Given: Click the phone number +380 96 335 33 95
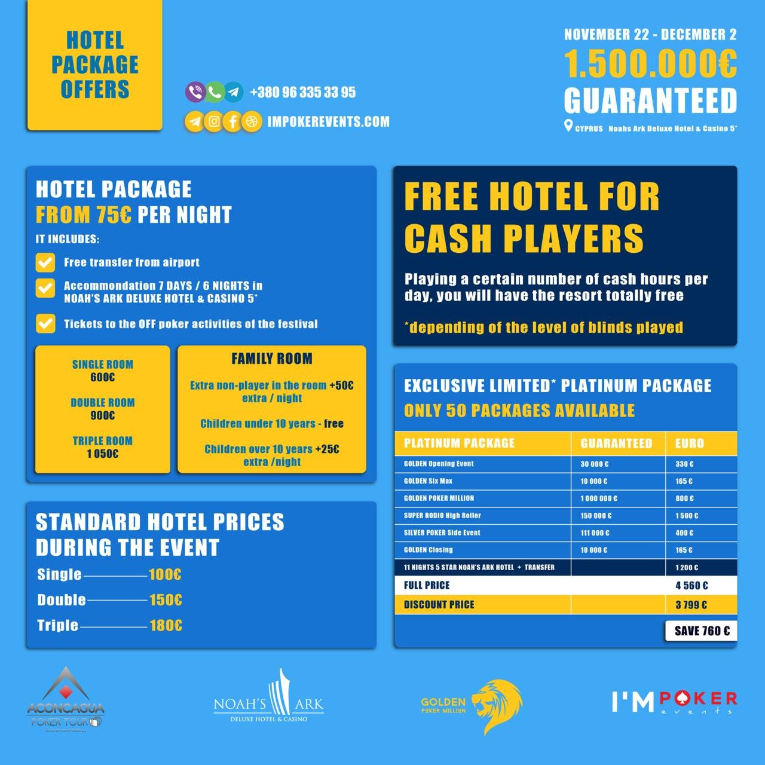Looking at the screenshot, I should pyautogui.click(x=302, y=92).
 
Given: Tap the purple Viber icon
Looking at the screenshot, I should pyautogui.click(x=195, y=91).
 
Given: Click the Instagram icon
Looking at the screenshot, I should pyautogui.click(x=213, y=121).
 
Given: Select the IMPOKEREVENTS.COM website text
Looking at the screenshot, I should pyautogui.click(x=328, y=122).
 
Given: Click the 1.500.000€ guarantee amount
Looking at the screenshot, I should pyautogui.click(x=650, y=64).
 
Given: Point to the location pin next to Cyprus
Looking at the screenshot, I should pyautogui.click(x=568, y=126).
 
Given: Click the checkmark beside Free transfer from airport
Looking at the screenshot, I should pyautogui.click(x=45, y=262).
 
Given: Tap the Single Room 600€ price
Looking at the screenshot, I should pyautogui.click(x=103, y=377).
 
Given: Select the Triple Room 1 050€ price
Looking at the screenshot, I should pyautogui.click(x=103, y=454).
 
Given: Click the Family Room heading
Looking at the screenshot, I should pyautogui.click(x=272, y=359).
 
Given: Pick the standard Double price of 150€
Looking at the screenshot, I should pyautogui.click(x=165, y=599).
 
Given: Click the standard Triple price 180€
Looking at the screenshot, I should pyautogui.click(x=166, y=625).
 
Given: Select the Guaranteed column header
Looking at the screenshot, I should pyautogui.click(x=616, y=443).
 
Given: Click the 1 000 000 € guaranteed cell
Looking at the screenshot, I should pyautogui.click(x=598, y=498).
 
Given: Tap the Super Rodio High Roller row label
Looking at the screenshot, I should pyautogui.click(x=442, y=515).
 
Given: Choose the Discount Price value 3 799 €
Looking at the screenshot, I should pyautogui.click(x=691, y=605).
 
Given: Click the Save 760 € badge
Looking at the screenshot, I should pyautogui.click(x=702, y=631).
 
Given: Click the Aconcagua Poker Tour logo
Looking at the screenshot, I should pyautogui.click(x=66, y=699).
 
